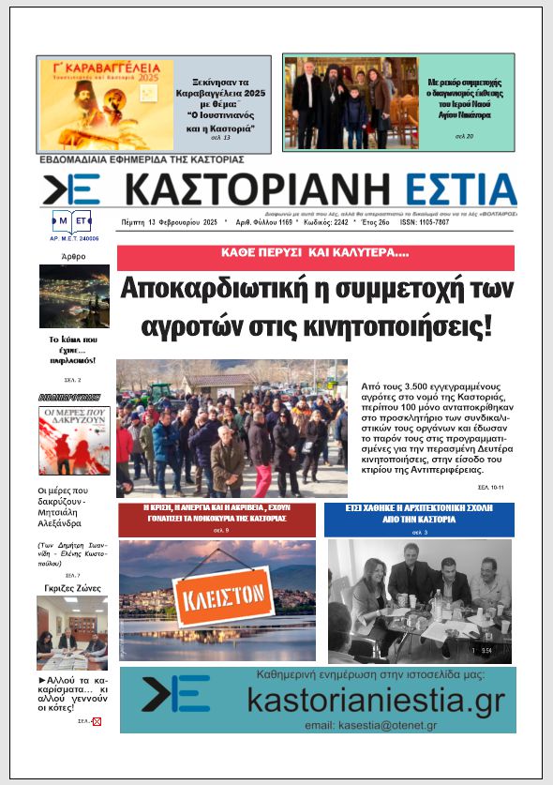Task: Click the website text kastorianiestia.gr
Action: (376, 700)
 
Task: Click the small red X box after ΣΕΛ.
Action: (96, 722)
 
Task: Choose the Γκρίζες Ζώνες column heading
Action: (73, 588)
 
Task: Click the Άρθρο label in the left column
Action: (73, 255)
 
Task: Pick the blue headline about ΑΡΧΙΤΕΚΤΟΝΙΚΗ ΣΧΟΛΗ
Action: (418, 512)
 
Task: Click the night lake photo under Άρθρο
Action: (74, 295)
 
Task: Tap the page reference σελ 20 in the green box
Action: (465, 136)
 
